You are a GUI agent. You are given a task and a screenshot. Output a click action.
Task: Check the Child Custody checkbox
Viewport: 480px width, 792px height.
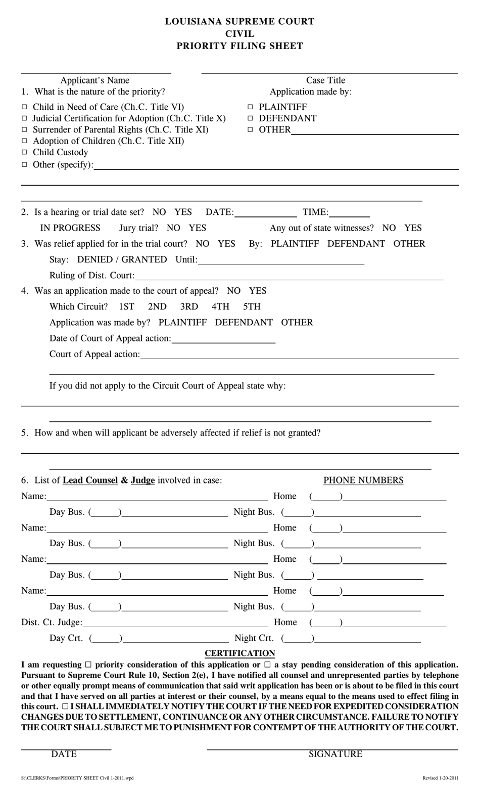click(24, 152)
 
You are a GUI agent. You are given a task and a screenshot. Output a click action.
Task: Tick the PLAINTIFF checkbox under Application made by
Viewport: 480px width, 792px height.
click(250, 107)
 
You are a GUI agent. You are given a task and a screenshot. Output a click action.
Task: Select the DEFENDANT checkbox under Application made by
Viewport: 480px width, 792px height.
click(250, 118)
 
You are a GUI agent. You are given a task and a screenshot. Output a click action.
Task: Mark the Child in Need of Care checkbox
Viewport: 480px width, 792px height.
click(24, 107)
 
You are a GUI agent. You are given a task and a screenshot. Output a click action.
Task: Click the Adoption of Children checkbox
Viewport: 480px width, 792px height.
click(24, 141)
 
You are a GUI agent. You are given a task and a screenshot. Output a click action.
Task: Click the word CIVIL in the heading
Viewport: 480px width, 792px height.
click(239, 34)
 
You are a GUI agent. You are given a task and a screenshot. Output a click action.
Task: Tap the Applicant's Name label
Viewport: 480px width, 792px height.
click(95, 80)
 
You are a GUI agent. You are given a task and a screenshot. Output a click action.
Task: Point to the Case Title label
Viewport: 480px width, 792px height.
click(325, 80)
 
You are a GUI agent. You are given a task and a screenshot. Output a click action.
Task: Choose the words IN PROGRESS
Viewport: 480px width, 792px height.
click(70, 228)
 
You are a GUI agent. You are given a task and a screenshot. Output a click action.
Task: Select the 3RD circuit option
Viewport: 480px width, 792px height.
click(189, 306)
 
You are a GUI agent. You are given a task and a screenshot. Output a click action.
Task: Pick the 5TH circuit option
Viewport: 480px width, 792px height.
click(252, 306)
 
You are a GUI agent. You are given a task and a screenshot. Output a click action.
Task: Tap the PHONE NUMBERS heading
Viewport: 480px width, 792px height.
click(363, 480)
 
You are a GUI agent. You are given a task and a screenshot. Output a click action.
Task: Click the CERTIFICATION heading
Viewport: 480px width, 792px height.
click(239, 653)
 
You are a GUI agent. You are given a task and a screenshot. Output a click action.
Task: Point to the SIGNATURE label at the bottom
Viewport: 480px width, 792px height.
click(335, 754)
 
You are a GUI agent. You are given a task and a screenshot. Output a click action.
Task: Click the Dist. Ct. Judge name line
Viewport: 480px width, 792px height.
click(175, 623)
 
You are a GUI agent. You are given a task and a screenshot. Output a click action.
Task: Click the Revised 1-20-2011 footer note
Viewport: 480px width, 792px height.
click(441, 778)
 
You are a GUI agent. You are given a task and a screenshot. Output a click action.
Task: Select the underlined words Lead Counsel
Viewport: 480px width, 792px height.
click(90, 480)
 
